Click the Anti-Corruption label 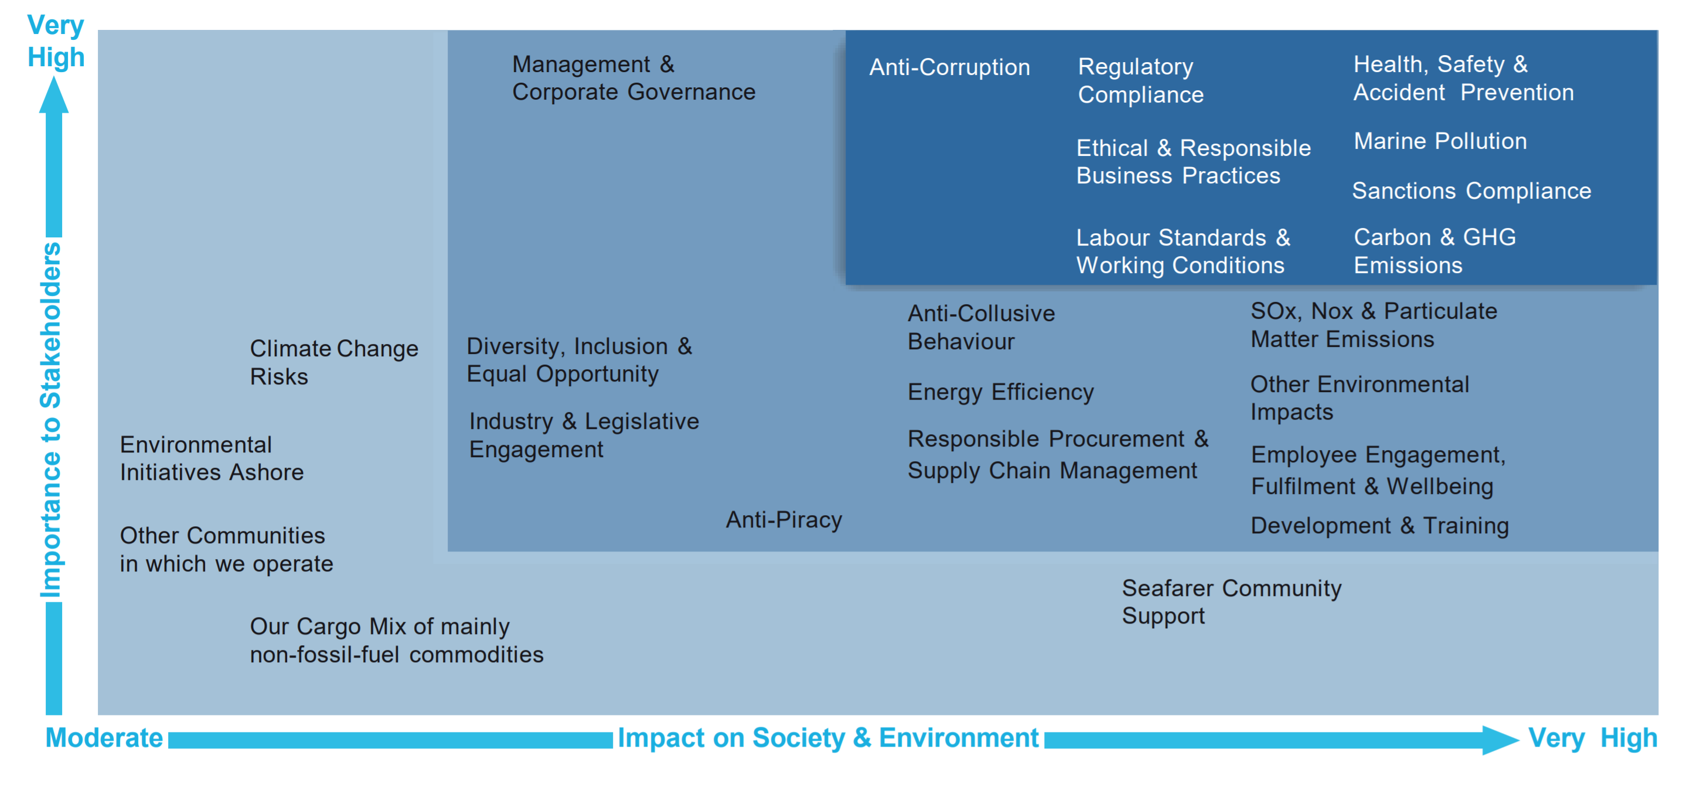tap(949, 67)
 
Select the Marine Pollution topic tap(1440, 141)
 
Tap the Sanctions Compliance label tap(1471, 191)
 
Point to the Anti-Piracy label tap(783, 520)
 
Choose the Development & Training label tap(1379, 526)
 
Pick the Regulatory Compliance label tap(1140, 80)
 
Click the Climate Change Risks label tap(333, 362)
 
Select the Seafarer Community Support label tap(1231, 602)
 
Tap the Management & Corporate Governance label tap(633, 78)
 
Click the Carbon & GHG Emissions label tap(1434, 251)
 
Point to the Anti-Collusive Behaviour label tap(981, 328)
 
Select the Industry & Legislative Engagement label tap(583, 435)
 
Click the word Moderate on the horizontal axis tap(104, 737)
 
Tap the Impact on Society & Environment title tap(828, 737)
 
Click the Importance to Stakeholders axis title tap(51, 420)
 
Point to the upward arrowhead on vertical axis tap(54, 95)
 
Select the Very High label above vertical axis tap(56, 42)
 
